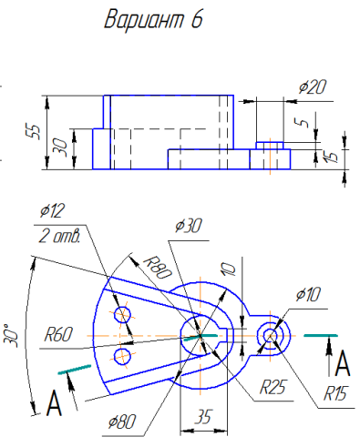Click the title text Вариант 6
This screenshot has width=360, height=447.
[153, 19]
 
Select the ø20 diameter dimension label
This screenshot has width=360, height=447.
[312, 87]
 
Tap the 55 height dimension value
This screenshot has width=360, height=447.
[35, 132]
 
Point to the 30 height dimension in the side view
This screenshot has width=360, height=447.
[62, 147]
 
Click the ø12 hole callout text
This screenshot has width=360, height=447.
[53, 210]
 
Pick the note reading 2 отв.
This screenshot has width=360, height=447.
[59, 237]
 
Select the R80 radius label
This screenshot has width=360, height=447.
[158, 268]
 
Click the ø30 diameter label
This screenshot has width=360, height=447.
[189, 226]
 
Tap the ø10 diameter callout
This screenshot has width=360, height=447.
[308, 294]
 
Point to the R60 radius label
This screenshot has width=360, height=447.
[58, 334]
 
